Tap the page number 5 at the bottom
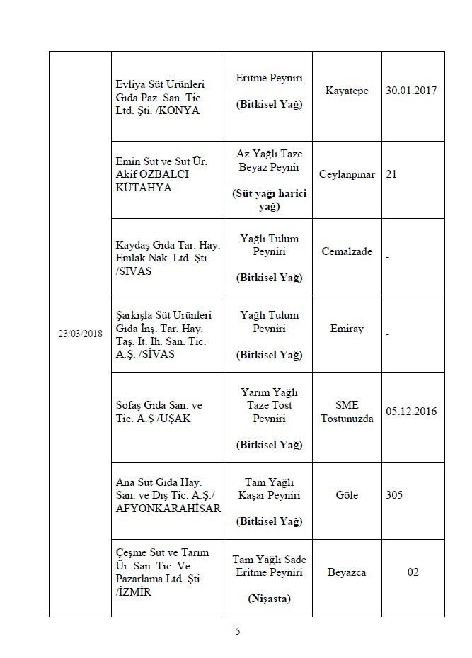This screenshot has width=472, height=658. click(x=238, y=632)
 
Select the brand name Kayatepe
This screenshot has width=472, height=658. click(x=347, y=91)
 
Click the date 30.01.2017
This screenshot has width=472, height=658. click(x=411, y=91)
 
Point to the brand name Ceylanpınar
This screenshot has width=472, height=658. click(x=347, y=174)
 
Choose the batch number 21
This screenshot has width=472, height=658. click(x=391, y=174)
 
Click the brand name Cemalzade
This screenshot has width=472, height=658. click(x=347, y=252)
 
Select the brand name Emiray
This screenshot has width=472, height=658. click(x=347, y=329)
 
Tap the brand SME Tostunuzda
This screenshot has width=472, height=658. click(x=347, y=411)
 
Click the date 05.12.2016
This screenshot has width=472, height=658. click(x=411, y=411)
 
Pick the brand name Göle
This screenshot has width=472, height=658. click(x=347, y=495)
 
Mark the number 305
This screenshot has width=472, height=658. click(x=394, y=495)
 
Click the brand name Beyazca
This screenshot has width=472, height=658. click(x=347, y=572)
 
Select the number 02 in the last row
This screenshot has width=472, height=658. click(x=413, y=572)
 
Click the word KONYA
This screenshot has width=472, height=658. click(x=183, y=111)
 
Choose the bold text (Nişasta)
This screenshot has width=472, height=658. click(x=269, y=599)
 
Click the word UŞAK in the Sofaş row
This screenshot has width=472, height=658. click(x=175, y=418)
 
